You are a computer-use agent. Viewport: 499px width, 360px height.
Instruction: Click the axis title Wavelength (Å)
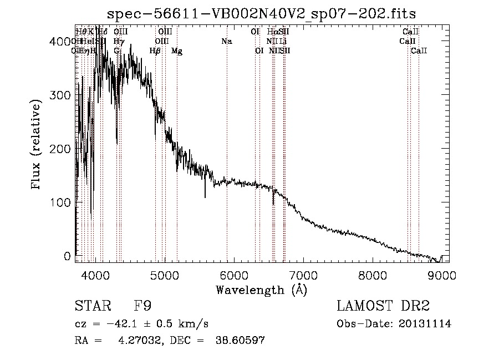tap(261, 290)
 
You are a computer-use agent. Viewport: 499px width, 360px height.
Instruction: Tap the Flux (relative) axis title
tap(37, 145)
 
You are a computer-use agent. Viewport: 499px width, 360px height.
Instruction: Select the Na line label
tap(226, 41)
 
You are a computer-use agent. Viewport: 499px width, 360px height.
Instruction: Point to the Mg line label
tap(177, 51)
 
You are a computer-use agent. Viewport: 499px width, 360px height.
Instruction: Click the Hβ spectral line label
tap(155, 51)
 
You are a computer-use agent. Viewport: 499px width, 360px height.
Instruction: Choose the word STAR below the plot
tap(90, 306)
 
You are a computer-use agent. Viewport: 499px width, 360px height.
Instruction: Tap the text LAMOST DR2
tap(383, 306)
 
